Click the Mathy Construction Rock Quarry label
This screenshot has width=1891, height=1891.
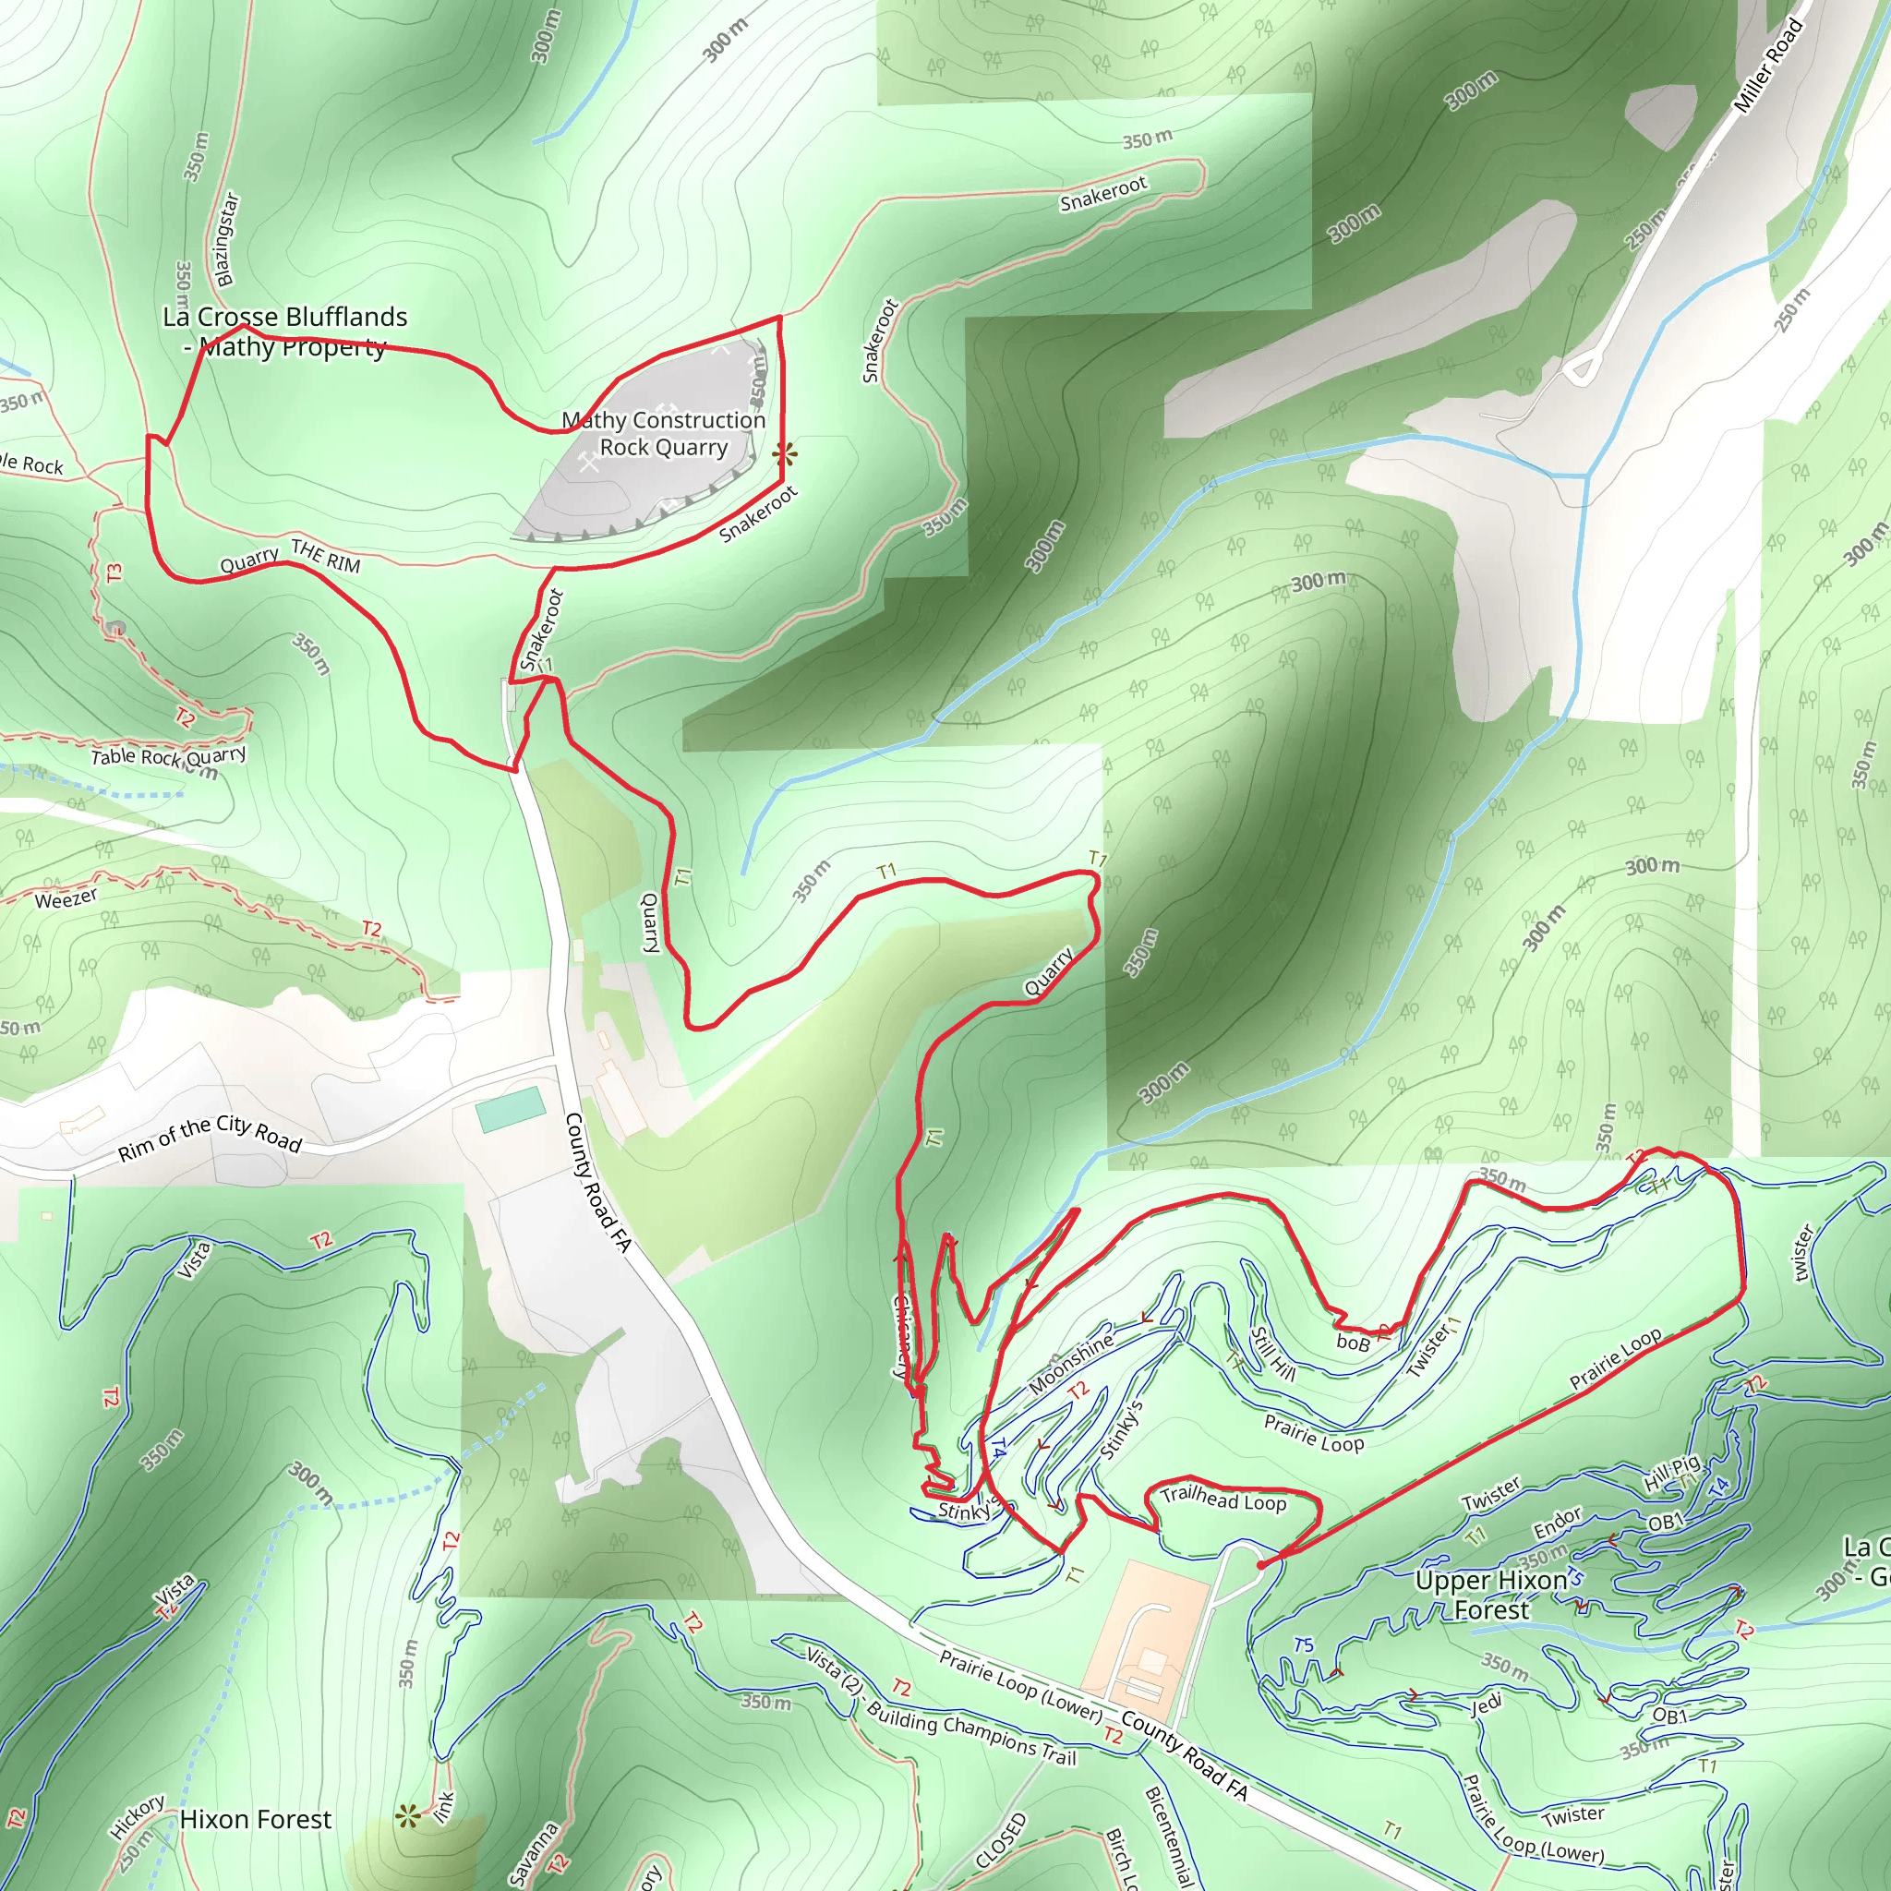[x=663, y=434]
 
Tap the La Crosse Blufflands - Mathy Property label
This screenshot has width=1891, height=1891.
[x=284, y=331]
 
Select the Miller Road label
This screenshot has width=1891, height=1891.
[x=1766, y=66]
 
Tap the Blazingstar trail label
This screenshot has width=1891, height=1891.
[x=225, y=240]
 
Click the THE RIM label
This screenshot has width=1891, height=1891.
[x=326, y=556]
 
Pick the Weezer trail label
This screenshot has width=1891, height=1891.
[x=66, y=898]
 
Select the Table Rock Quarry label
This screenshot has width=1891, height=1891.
[x=167, y=756]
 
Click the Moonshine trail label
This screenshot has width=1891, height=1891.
[x=1071, y=1363]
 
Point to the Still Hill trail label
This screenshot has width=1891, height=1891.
[x=1273, y=1355]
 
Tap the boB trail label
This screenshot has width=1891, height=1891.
[x=1353, y=1343]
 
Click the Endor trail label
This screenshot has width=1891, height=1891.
[x=1556, y=1522]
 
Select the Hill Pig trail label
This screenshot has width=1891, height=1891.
[x=1672, y=1473]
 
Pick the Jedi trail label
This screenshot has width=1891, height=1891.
[x=1486, y=1705]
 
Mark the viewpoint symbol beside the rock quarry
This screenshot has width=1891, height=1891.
[x=784, y=453]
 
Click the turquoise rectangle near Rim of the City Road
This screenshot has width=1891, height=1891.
[x=510, y=1108]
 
